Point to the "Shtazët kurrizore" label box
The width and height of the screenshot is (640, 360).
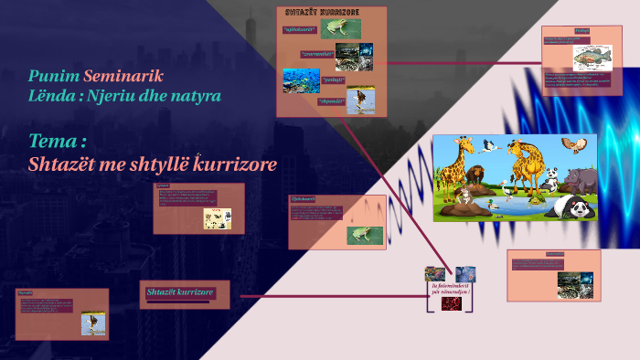click(x=181, y=292)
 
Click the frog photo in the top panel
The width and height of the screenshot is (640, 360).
click(x=346, y=29)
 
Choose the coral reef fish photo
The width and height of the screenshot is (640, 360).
click(x=301, y=82)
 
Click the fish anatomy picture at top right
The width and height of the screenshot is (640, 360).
click(x=593, y=57)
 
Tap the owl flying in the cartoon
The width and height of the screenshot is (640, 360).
click(x=575, y=146)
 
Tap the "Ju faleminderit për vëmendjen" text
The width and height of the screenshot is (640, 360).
click(x=450, y=289)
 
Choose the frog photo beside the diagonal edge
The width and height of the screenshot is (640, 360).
click(x=357, y=233)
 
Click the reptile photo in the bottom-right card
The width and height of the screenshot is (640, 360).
click(x=575, y=284)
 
